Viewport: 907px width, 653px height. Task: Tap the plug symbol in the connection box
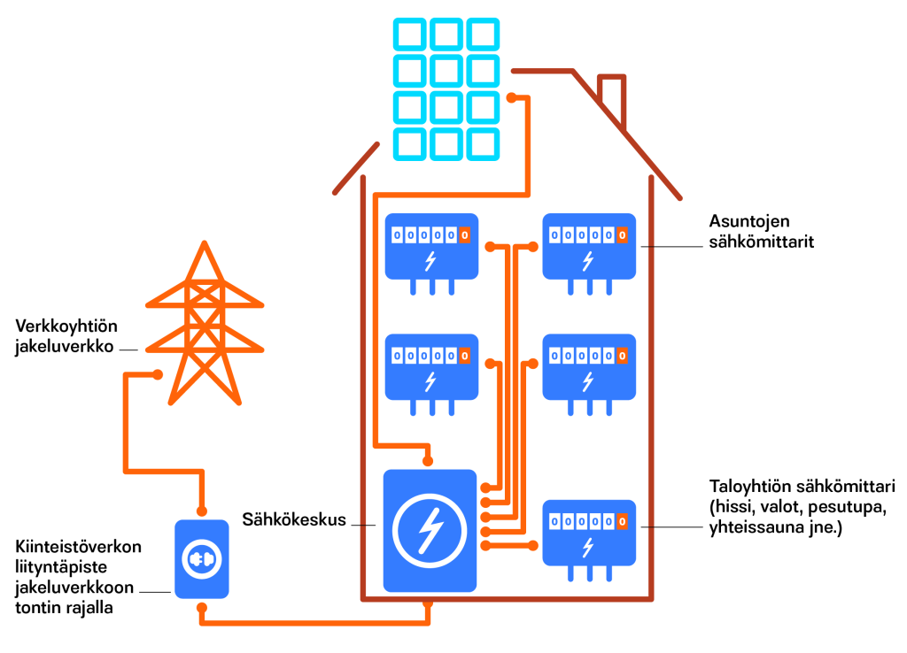coord(203,559)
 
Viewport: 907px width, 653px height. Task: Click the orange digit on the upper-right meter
coord(623,235)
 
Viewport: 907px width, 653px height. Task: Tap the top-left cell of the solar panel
coord(410,35)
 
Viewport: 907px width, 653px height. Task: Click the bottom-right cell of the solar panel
coord(484,143)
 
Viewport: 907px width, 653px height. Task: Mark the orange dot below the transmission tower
coord(158,373)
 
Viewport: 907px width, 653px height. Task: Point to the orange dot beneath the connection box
coord(203,609)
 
